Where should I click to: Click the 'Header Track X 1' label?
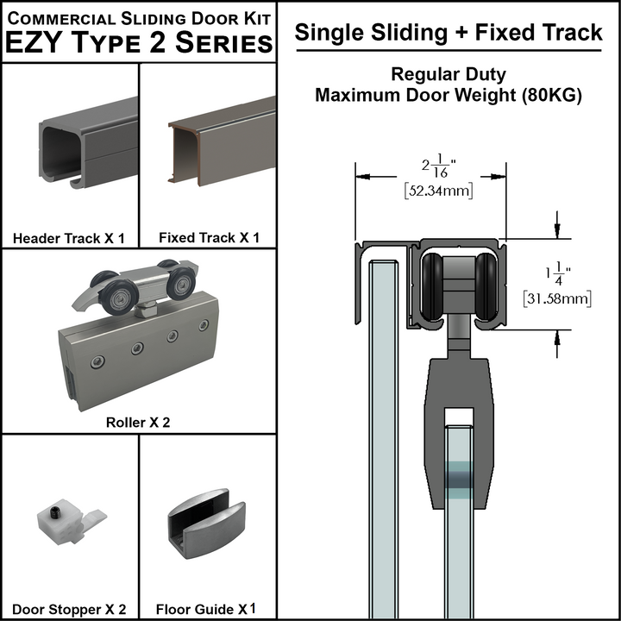click(69, 238)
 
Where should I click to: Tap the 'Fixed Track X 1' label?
click(209, 238)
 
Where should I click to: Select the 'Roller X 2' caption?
click(138, 423)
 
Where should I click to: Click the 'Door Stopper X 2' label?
click(69, 609)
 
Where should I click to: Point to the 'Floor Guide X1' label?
click(208, 609)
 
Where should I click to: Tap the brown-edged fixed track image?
click(220, 147)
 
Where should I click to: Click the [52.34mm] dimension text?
click(438, 191)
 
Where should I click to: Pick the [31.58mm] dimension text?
click(557, 299)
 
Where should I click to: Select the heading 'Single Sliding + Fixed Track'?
click(448, 33)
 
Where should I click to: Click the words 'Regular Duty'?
click(448, 74)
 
